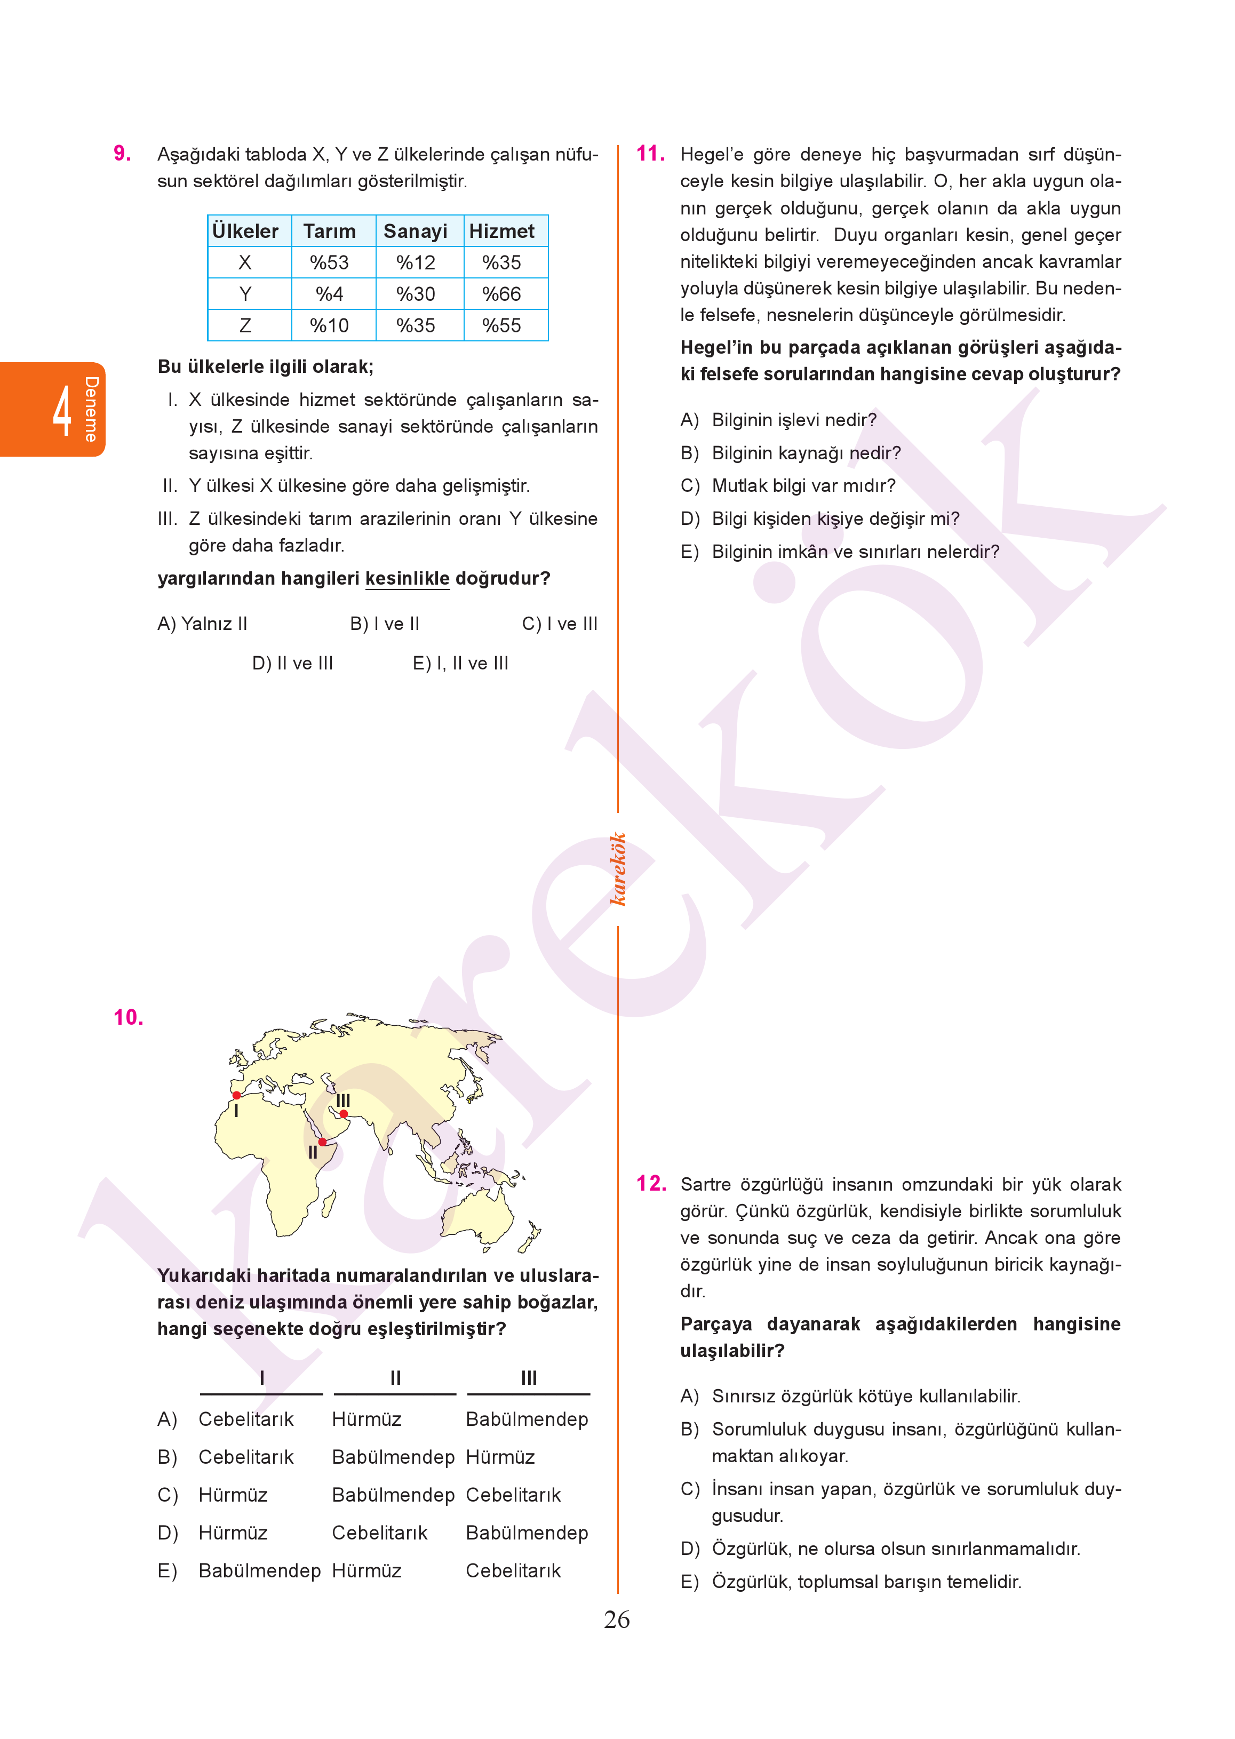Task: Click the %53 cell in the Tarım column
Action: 329,262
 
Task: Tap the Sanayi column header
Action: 415,231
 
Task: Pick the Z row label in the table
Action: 245,325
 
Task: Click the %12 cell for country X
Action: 415,262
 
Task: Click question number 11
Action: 650,154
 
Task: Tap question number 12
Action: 651,1183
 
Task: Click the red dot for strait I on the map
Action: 236,1095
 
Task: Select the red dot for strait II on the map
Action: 322,1142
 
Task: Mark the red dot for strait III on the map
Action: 344,1114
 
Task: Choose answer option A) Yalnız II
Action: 202,624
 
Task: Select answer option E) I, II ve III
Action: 460,664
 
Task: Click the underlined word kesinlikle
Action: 408,579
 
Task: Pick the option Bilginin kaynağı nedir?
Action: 806,453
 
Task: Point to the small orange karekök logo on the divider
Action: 618,869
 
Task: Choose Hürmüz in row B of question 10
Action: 500,1457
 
